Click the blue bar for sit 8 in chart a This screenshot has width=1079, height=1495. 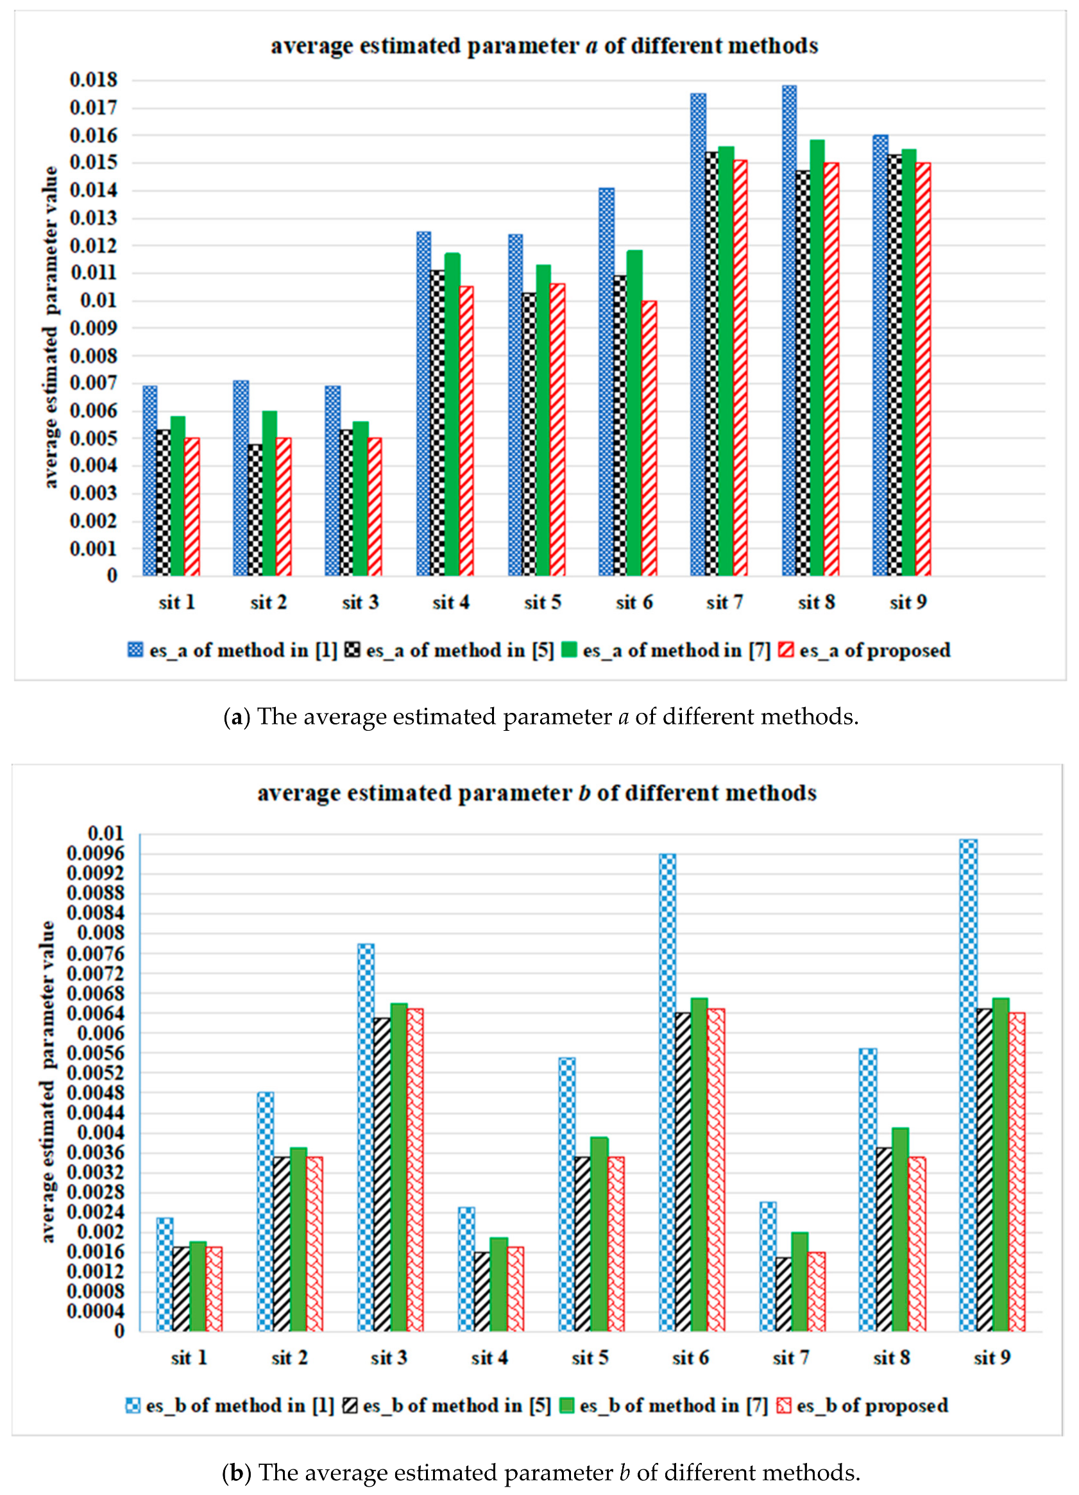click(x=789, y=330)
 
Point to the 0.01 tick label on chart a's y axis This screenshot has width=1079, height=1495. click(x=98, y=301)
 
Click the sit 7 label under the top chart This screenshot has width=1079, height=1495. click(x=724, y=603)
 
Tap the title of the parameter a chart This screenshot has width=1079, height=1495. click(x=544, y=46)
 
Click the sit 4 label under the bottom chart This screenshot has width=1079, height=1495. click(x=489, y=1357)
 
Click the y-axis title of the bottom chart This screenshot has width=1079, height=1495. click(x=47, y=1081)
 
